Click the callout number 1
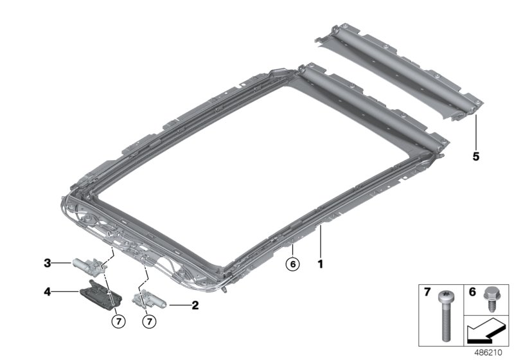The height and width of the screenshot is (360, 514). point(319,263)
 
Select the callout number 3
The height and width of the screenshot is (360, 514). point(48,262)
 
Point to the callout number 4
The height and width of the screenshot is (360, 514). point(48,291)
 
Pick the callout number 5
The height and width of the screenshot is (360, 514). point(475,156)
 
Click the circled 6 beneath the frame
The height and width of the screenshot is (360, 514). point(292,263)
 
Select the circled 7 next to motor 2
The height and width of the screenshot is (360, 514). point(148,320)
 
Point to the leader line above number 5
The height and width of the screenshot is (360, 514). point(475,132)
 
